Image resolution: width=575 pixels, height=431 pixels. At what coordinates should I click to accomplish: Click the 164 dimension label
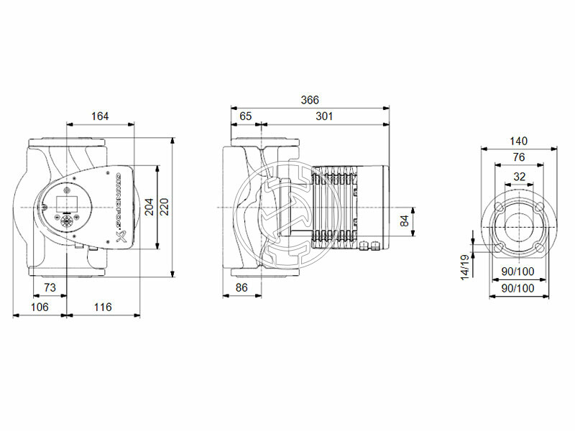101,115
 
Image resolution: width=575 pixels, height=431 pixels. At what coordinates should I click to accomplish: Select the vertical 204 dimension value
149,207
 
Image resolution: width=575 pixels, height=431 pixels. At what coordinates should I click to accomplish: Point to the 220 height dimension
165,207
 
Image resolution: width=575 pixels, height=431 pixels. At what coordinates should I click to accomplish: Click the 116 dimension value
102,307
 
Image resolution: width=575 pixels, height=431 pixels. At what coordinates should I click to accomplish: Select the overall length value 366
309,100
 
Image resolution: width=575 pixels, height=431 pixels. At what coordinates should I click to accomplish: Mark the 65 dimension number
245,115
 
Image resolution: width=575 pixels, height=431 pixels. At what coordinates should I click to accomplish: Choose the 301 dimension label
324,115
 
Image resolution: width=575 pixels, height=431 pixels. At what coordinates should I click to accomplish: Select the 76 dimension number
519,157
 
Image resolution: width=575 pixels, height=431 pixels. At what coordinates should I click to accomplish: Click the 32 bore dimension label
519,176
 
